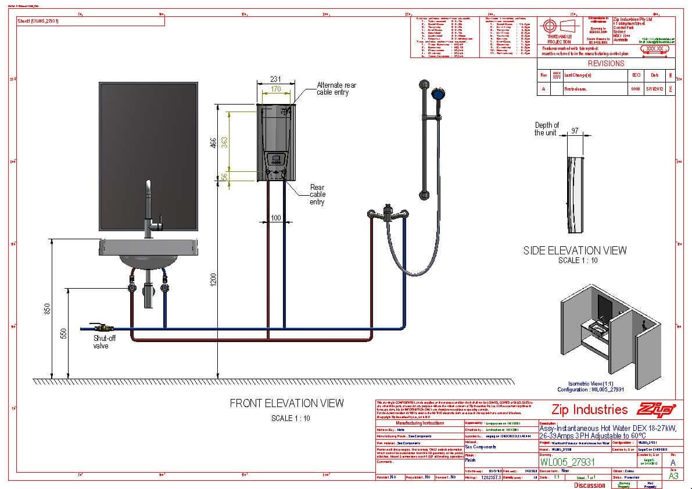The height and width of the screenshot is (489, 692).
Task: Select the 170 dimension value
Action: point(275,89)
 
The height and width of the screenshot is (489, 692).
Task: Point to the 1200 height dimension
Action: point(213,280)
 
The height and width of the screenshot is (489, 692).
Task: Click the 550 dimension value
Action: point(64,333)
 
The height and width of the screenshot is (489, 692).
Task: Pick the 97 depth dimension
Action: point(575,131)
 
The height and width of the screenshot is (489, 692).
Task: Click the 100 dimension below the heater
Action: point(276,218)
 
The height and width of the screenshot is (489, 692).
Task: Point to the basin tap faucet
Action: point(149,209)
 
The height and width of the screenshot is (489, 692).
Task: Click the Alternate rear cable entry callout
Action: point(336,89)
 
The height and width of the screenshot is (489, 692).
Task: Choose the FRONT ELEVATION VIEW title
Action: point(286,403)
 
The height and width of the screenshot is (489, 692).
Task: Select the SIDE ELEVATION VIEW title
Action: point(575,250)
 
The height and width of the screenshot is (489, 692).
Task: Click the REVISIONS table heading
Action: point(605,63)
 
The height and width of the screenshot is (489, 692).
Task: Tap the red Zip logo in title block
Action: point(657,409)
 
